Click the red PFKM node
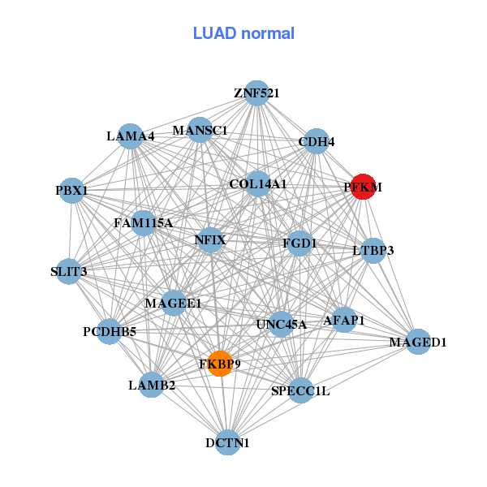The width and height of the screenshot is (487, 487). [x=362, y=187]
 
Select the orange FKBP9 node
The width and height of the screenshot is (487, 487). [x=220, y=364]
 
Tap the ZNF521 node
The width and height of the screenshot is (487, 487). [x=256, y=93]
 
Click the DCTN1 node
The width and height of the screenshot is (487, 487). [x=228, y=442]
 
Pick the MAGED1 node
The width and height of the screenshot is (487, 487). [x=418, y=342]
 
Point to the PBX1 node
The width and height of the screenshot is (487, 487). [x=72, y=191]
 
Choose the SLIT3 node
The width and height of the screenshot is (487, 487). [x=68, y=271]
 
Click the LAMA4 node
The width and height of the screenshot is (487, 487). [x=131, y=136]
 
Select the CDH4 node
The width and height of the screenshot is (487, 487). [x=316, y=142]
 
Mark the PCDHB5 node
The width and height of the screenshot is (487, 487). [x=110, y=331]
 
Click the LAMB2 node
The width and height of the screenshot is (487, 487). [x=152, y=385]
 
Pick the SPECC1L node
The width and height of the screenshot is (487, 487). [x=300, y=391]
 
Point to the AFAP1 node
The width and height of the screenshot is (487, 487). [x=343, y=320]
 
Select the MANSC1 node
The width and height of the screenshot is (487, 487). [x=200, y=130]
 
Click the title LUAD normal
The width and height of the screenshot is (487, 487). [x=243, y=33]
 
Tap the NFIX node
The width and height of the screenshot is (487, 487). [x=210, y=239]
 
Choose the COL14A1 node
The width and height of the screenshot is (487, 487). [x=258, y=184]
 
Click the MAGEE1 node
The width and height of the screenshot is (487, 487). [x=174, y=303]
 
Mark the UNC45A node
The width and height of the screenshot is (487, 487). [x=281, y=324]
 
